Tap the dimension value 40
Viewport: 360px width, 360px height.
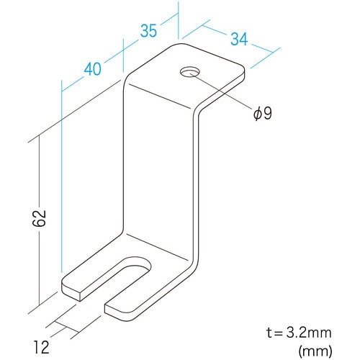click(92, 70)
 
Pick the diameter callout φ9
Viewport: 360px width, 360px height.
click(262, 114)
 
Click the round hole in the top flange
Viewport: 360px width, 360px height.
click(189, 72)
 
